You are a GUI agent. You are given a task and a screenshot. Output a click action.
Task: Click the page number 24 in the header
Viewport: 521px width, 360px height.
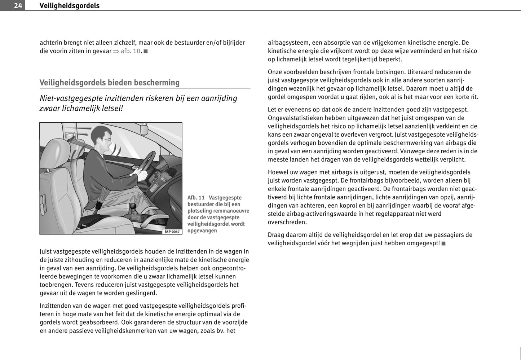pos(18,5)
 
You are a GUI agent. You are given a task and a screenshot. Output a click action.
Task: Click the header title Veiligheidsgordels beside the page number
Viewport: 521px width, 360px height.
pos(69,5)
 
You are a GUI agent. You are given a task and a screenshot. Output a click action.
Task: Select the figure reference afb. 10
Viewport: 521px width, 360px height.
pos(130,51)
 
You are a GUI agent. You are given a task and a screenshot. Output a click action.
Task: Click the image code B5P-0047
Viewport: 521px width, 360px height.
pos(172,232)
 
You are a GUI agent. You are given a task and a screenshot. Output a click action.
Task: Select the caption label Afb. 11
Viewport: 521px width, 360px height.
pos(196,198)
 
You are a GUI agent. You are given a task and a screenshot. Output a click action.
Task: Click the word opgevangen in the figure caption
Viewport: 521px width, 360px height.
pos(202,231)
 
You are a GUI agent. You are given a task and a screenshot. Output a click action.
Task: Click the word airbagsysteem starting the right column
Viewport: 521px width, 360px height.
pos(288,43)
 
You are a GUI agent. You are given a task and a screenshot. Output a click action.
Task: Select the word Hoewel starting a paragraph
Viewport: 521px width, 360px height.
pos(279,172)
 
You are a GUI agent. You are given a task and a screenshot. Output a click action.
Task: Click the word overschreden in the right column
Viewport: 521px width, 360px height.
pos(287,222)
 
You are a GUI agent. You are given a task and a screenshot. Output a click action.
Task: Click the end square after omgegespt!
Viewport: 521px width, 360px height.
pos(443,243)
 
